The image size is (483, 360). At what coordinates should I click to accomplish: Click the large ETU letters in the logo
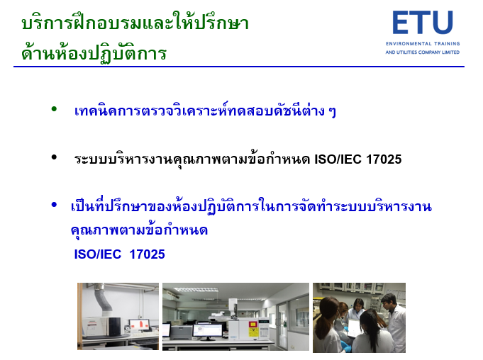click(423, 22)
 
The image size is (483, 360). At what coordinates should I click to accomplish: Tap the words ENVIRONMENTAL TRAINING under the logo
click(423, 44)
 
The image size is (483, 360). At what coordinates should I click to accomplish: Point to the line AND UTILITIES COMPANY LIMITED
click(422, 52)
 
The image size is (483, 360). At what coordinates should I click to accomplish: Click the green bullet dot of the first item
click(54, 108)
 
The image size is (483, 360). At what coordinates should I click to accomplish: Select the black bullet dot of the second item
click(54, 157)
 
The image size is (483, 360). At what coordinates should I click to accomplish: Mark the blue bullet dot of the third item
click(54, 204)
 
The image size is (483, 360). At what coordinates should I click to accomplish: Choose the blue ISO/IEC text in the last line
click(98, 254)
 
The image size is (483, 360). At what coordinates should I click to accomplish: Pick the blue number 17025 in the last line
click(148, 254)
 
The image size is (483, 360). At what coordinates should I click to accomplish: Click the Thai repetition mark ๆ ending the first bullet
click(332, 111)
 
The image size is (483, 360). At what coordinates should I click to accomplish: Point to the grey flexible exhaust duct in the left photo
click(104, 298)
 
